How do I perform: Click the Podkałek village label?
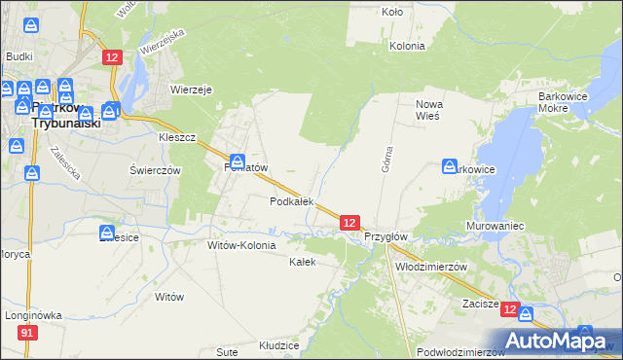[291, 201]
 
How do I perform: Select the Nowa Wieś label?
[428, 109]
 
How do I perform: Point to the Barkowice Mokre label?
[568, 104]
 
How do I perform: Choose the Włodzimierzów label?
[431, 266]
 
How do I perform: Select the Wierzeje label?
[192, 89]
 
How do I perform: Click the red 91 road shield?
[27, 333]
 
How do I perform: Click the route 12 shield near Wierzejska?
[112, 58]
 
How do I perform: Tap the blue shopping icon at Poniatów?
[238, 161]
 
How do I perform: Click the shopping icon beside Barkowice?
[450, 166]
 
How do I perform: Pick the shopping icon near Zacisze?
[526, 314]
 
